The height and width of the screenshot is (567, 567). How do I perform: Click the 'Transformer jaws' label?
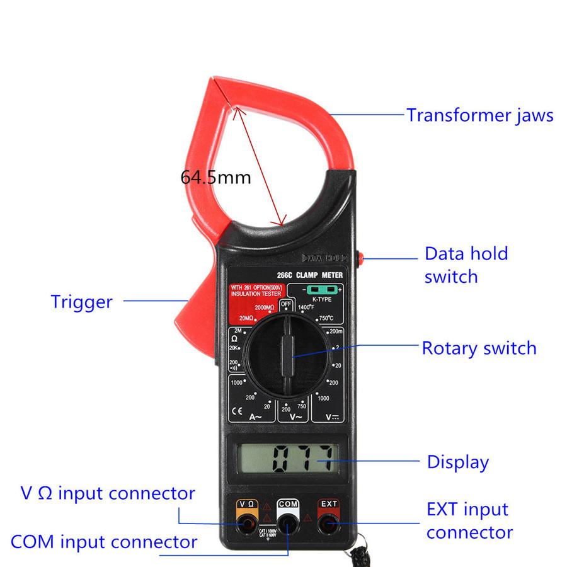tap(479, 115)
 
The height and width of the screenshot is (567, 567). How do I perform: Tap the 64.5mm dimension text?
tap(215, 177)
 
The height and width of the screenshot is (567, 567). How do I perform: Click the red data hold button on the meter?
tap(364, 258)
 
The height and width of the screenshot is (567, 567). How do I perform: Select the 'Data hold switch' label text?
tap(466, 265)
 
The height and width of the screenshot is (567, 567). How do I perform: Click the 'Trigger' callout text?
tap(81, 302)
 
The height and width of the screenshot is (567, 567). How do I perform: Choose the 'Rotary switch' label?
tap(479, 348)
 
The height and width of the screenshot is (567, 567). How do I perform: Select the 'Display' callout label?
tap(457, 462)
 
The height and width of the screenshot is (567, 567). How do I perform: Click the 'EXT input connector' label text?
tap(469, 520)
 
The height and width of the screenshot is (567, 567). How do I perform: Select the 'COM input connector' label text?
tap(104, 541)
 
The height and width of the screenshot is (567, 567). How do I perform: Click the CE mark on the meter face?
tap(238, 413)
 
